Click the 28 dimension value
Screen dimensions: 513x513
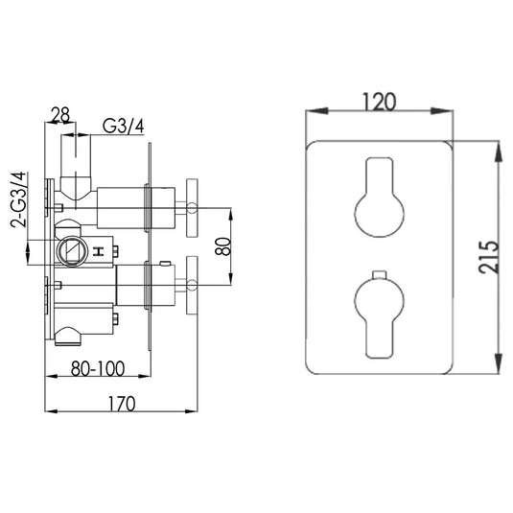point(60,117)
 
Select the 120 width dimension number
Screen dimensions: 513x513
point(381,100)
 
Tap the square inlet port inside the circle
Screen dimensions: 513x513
point(71,252)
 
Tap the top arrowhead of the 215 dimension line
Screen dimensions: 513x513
point(500,150)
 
